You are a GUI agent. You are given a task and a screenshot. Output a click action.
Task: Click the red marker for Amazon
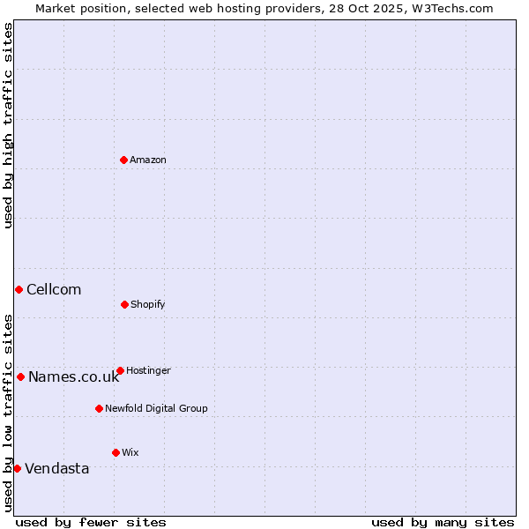[x=124, y=160]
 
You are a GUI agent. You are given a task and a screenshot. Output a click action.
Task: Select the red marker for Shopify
[x=124, y=304]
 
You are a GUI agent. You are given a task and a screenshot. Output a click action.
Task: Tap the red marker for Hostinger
[x=120, y=370]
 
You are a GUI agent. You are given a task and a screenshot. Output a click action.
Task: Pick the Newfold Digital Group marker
[x=99, y=408]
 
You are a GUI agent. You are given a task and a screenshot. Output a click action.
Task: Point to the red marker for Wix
[x=115, y=452]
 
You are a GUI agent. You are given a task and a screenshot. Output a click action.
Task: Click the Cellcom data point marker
[x=19, y=289]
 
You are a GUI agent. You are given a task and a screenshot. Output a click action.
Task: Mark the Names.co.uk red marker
[x=20, y=376]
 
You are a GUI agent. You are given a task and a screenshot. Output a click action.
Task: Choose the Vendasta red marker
[x=17, y=468]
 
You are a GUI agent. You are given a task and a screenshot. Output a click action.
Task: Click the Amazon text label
[x=148, y=160]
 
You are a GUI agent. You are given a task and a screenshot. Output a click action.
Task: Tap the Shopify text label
[x=148, y=304]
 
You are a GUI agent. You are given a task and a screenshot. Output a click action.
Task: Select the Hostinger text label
[x=148, y=370]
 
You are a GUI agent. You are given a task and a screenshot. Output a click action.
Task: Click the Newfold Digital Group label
[x=156, y=408]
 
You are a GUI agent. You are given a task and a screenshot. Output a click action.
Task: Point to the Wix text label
[x=130, y=452]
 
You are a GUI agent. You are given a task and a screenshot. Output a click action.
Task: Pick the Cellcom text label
[x=54, y=289]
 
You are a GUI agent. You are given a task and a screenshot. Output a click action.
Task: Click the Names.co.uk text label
[x=73, y=377]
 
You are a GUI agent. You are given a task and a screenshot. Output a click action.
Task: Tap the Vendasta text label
[x=57, y=468]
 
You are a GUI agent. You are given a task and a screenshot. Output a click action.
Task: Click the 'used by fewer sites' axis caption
[x=91, y=522]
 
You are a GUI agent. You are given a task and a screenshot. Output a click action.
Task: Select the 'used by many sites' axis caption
[x=443, y=522]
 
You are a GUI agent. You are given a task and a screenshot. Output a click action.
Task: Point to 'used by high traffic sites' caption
[x=8, y=125]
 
